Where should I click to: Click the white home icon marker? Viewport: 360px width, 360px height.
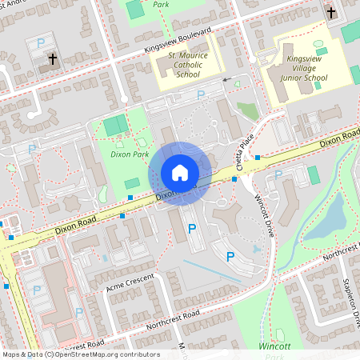pyautogui.click(x=180, y=172)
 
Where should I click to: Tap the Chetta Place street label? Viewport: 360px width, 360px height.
pyautogui.click(x=246, y=152)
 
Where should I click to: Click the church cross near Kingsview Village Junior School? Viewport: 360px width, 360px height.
pyautogui.click(x=331, y=13)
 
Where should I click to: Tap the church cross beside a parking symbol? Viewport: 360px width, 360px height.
pyautogui.click(x=53, y=59)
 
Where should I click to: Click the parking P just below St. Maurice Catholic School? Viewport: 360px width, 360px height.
pyautogui.click(x=200, y=94)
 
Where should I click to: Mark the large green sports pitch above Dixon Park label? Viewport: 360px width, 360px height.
pyautogui.click(x=115, y=125)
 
